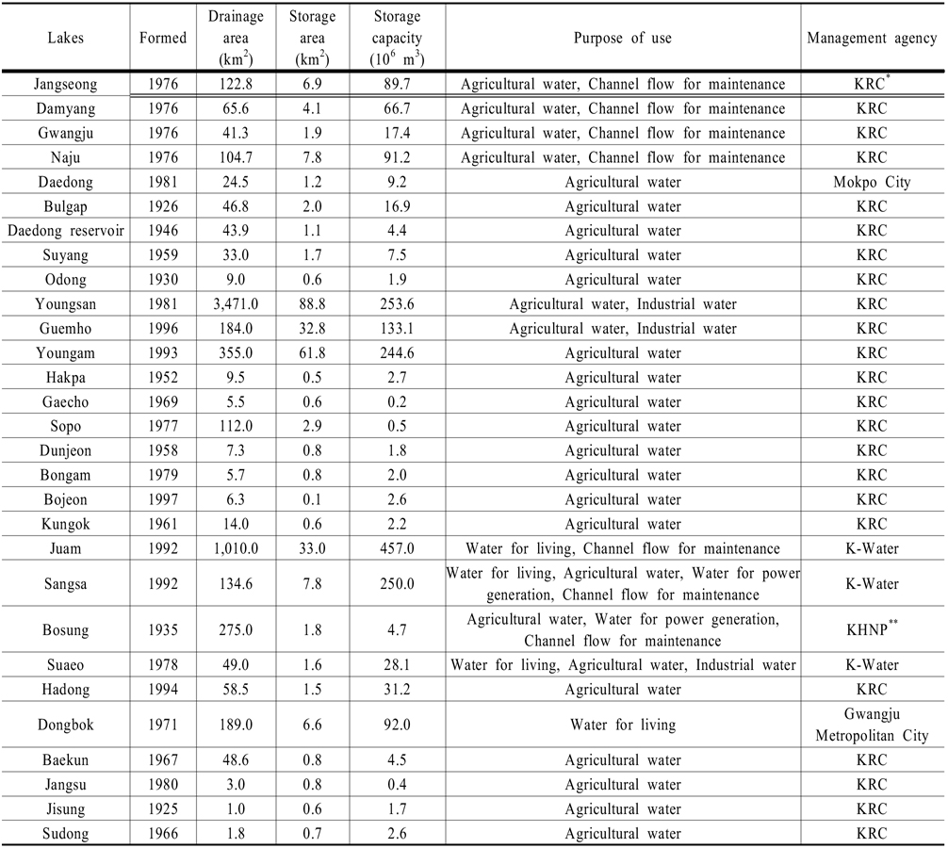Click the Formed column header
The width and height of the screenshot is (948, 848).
pyautogui.click(x=162, y=39)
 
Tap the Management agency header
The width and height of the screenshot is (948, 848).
pyautogui.click(x=873, y=39)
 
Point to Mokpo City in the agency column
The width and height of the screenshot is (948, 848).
pyautogui.click(x=873, y=182)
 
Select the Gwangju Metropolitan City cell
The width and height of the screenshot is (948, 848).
pyautogui.click(x=873, y=726)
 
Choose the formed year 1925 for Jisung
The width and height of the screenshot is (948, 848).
pyautogui.click(x=162, y=809)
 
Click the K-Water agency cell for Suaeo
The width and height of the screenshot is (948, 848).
pyautogui.click(x=873, y=665)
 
